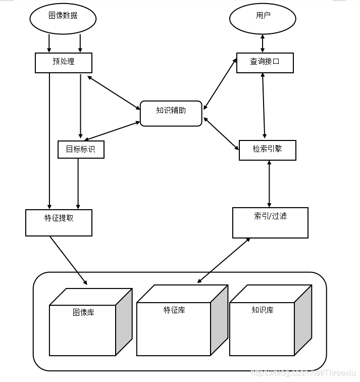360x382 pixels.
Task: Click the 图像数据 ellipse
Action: click(x=63, y=16)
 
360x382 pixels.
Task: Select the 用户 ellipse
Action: click(x=263, y=16)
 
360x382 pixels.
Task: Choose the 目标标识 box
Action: click(x=81, y=150)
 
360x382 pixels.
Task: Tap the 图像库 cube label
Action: click(x=83, y=312)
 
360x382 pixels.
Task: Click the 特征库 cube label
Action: click(x=174, y=310)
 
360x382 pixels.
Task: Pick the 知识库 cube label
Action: click(x=263, y=310)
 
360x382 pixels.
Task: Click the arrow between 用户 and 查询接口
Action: click(x=263, y=43)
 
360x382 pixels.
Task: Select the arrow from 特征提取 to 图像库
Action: click(x=69, y=260)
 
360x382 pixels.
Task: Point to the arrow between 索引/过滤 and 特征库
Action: click(x=224, y=260)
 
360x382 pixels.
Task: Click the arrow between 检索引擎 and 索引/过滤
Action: click(x=269, y=184)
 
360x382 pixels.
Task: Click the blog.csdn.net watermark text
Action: click(x=303, y=373)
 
